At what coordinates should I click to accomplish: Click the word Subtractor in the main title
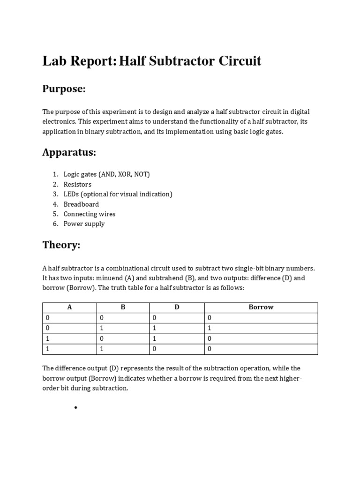click(x=178, y=61)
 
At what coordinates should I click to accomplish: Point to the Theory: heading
click(x=61, y=245)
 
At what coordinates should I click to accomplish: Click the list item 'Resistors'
click(x=77, y=184)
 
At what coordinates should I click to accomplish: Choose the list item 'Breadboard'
click(x=81, y=204)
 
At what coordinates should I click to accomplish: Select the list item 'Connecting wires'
click(x=90, y=214)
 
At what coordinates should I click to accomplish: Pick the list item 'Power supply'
click(x=84, y=224)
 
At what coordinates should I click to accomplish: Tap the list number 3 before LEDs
click(x=55, y=194)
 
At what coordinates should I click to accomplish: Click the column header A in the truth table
click(x=69, y=307)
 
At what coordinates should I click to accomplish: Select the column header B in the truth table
click(x=123, y=307)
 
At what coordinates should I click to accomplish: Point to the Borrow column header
click(x=261, y=307)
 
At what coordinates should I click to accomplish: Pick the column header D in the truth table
click(x=177, y=307)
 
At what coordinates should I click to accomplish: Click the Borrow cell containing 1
click(x=209, y=329)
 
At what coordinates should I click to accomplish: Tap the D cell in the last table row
click(x=154, y=349)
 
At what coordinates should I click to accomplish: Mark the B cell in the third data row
click(x=101, y=339)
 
